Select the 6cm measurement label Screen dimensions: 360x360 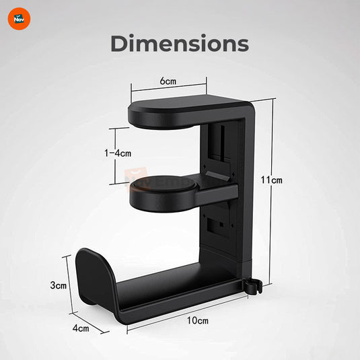tap(168, 81)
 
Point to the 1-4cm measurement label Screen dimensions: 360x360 tap(118, 153)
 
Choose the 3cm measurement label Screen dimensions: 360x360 tap(59, 285)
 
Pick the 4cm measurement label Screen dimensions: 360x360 tap(81, 328)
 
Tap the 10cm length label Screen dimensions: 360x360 tap(197, 320)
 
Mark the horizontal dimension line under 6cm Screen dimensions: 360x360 tap(168, 87)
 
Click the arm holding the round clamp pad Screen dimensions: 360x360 tap(215, 195)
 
